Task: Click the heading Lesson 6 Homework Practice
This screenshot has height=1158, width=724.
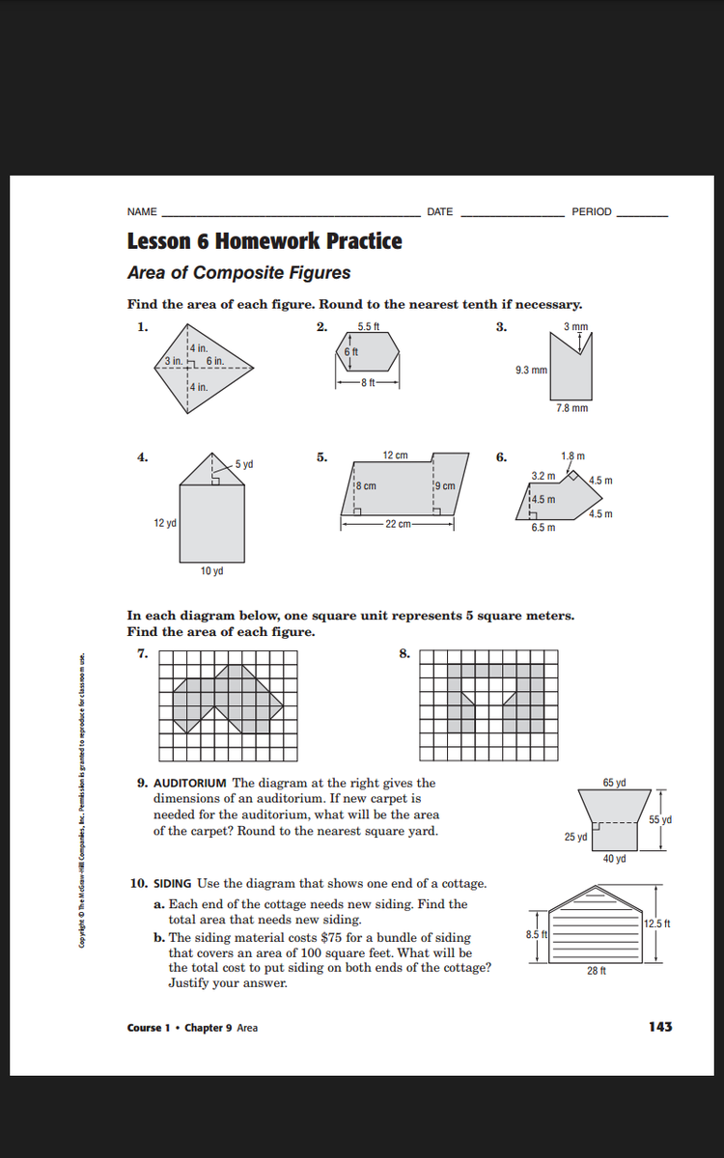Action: tap(265, 241)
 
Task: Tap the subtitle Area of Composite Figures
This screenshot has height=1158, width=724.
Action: tap(238, 273)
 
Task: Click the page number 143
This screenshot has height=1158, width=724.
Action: tap(660, 1027)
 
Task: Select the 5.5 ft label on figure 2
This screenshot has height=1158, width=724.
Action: tap(368, 326)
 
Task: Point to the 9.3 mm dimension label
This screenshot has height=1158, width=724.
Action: tap(533, 370)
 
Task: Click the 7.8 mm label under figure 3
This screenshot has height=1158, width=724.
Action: tap(572, 409)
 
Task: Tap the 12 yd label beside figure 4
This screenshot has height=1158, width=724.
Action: tap(163, 523)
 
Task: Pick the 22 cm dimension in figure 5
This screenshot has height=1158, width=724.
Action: tap(397, 524)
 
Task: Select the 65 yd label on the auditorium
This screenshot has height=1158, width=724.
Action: tap(615, 782)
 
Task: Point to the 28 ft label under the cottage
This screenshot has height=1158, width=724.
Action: tap(597, 971)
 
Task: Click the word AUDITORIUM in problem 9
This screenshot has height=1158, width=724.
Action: tap(190, 783)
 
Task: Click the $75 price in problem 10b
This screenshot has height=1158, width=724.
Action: tap(325, 938)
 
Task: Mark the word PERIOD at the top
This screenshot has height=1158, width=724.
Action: tap(592, 212)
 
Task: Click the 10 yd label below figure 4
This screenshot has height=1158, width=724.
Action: tap(212, 571)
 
